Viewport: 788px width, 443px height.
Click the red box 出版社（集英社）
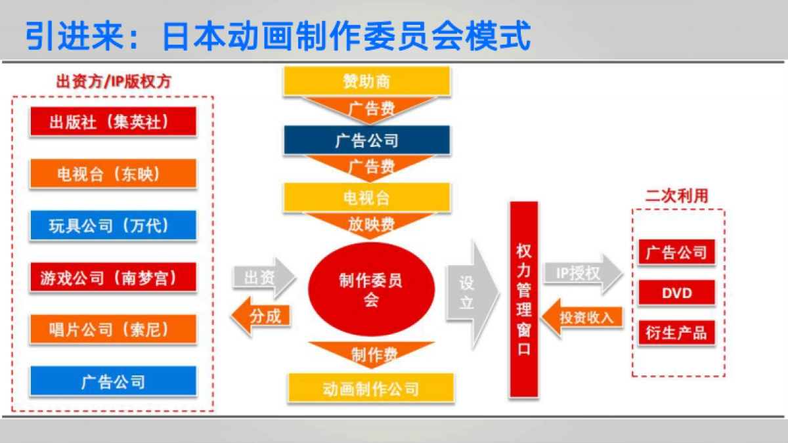113,121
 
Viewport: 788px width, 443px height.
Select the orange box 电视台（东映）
113,173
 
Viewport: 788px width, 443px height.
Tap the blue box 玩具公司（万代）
113,225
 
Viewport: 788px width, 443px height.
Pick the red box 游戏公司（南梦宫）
113,277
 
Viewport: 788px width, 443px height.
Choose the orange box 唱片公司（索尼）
113,329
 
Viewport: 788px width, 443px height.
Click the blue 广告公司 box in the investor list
113,381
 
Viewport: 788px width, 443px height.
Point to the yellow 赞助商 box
367,81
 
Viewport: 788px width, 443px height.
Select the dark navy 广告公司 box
367,140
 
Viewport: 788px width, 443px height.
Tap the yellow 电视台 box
367,198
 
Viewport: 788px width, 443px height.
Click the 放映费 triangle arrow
369,224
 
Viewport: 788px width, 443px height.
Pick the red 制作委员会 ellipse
372,289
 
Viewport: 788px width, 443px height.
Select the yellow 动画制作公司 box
371,388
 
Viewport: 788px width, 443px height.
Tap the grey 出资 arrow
264,278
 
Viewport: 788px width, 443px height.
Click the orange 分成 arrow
261,316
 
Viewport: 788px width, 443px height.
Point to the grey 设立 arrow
472,294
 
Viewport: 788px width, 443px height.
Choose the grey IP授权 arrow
583,273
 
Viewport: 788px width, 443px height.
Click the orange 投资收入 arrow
582,318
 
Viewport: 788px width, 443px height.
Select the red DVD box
677,293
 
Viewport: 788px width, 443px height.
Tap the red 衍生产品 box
677,333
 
